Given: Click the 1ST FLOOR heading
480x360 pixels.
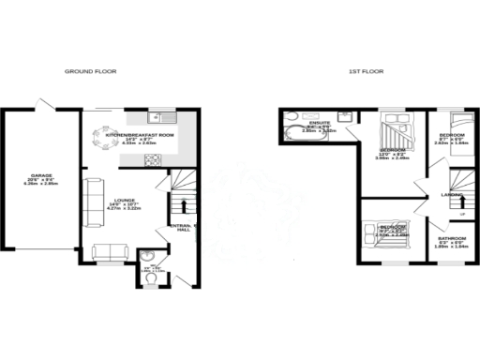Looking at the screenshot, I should (x=365, y=71).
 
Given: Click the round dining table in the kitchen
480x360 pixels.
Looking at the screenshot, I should (x=101, y=140).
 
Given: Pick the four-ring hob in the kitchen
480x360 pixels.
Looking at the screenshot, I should (x=152, y=160).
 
